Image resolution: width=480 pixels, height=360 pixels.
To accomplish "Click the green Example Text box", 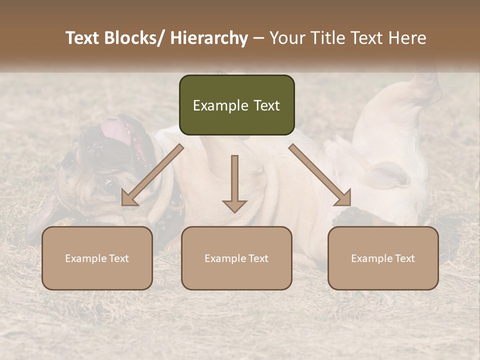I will click(x=236, y=105).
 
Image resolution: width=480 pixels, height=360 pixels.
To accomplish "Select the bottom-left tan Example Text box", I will click(x=97, y=258).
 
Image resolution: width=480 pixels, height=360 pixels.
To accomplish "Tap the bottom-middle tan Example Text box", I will click(x=236, y=258).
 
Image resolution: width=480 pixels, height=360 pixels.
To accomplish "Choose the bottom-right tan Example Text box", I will click(x=383, y=258).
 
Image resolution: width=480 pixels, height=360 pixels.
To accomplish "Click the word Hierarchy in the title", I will click(x=208, y=38).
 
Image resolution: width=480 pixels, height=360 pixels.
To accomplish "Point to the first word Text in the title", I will click(x=82, y=38).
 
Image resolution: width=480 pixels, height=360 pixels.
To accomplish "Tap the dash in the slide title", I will click(x=258, y=38).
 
